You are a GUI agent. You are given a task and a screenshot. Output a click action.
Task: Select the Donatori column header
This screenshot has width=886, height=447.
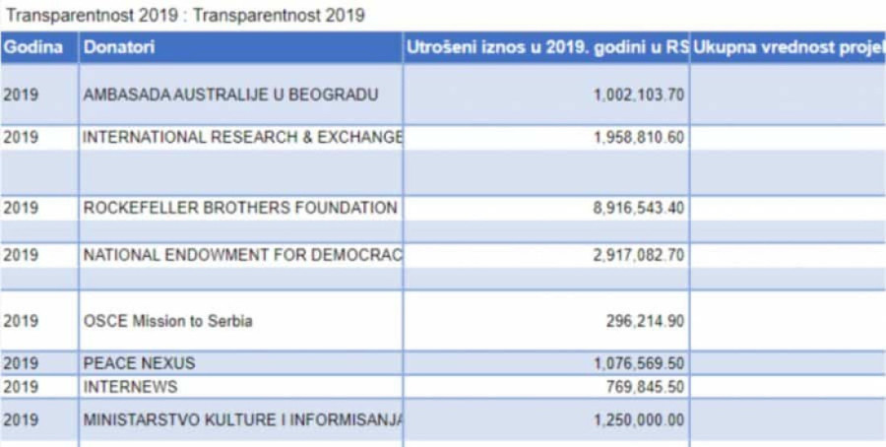tap(119, 47)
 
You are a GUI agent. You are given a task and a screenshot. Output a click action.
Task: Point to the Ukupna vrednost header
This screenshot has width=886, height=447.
tap(788, 47)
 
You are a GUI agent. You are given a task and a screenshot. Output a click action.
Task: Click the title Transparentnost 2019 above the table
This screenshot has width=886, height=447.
tap(185, 15)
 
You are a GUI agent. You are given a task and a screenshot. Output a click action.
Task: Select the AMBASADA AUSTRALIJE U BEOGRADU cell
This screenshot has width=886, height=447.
tap(230, 95)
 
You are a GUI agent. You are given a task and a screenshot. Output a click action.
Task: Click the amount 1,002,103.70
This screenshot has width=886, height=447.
tap(639, 95)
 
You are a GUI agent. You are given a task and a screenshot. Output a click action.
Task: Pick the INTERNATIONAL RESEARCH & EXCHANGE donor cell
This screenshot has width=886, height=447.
tap(242, 138)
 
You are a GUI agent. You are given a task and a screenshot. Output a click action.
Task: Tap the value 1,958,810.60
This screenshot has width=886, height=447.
tap(639, 138)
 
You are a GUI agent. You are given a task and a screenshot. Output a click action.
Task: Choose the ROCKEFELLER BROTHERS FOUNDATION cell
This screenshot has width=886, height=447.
tap(240, 208)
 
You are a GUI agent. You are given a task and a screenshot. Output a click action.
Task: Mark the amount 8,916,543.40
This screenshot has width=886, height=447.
tap(639, 208)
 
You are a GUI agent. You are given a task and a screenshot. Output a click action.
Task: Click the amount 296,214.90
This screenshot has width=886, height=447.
tap(646, 321)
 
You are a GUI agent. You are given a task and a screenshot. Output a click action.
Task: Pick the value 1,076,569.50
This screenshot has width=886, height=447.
tap(639, 363)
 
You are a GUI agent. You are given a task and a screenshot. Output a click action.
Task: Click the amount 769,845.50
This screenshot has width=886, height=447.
tap(646, 387)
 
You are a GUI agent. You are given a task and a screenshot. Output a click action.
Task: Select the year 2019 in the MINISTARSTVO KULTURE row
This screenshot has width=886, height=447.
tap(21, 419)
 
